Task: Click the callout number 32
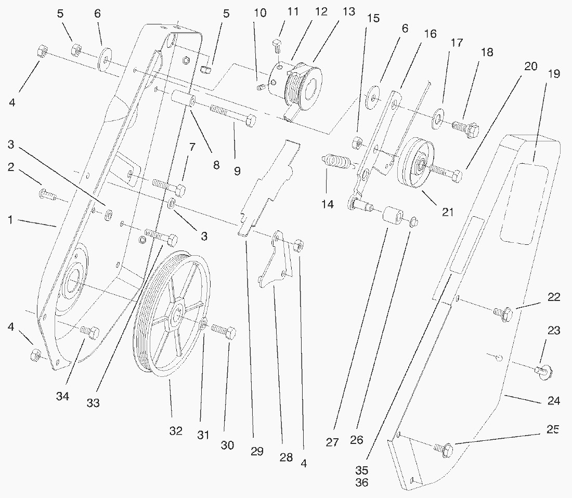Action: pyautogui.click(x=176, y=431)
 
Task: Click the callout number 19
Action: pyautogui.click(x=553, y=74)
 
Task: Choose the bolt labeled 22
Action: pyautogui.click(x=503, y=313)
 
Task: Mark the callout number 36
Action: pyautogui.click(x=362, y=482)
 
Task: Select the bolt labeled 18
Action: pyautogui.click(x=464, y=127)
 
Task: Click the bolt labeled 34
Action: pyautogui.click(x=89, y=331)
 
